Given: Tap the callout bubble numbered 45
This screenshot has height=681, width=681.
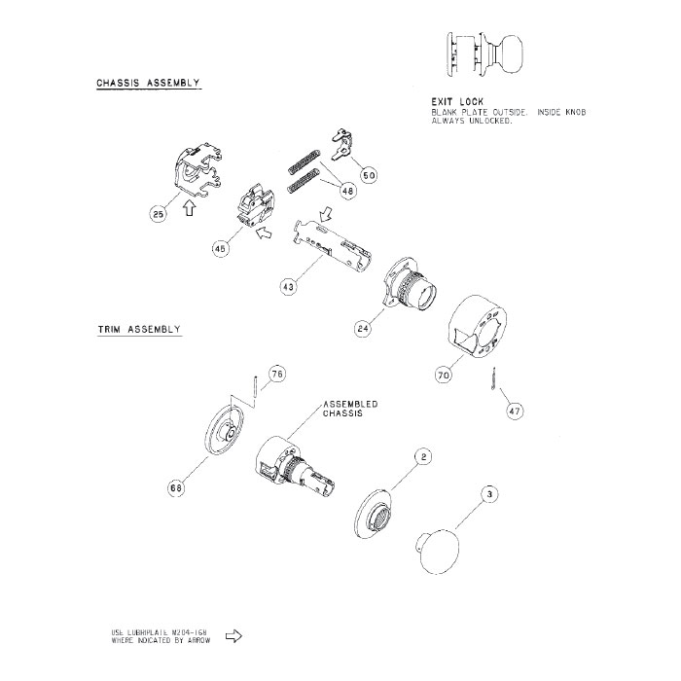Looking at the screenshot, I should (x=221, y=249).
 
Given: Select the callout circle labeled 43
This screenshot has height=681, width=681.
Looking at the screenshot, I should (x=288, y=288).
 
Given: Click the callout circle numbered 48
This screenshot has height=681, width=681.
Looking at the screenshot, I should (x=347, y=192).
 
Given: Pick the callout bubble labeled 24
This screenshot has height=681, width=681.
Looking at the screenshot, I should (x=363, y=329).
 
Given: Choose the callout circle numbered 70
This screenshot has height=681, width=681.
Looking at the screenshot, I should (x=443, y=373).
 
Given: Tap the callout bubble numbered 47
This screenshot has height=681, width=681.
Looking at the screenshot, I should (x=515, y=411).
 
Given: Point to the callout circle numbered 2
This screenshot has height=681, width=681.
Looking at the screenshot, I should (x=423, y=455).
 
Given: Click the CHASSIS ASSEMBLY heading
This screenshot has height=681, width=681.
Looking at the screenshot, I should (x=148, y=84).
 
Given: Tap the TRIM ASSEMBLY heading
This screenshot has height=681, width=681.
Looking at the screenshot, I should (x=139, y=330).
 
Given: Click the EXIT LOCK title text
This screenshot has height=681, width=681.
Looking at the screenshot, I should (x=457, y=101).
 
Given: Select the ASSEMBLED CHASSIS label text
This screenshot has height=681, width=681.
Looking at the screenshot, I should (x=350, y=409).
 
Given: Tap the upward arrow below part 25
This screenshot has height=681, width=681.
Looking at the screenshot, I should (x=190, y=207).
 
